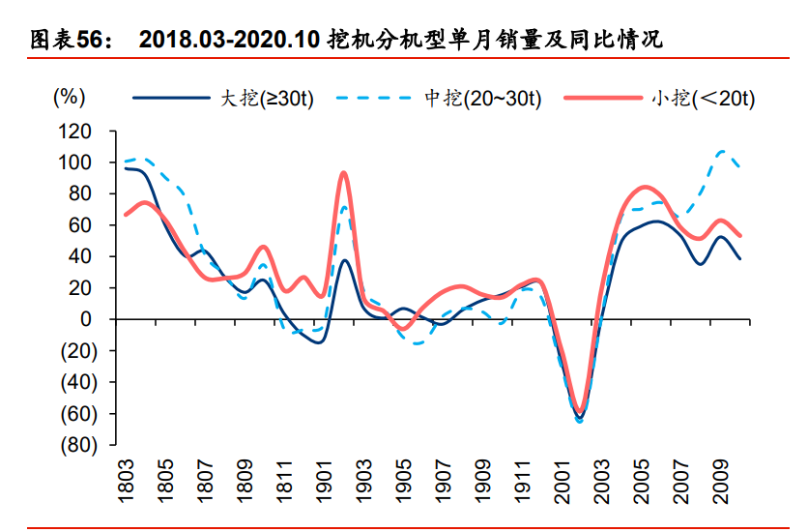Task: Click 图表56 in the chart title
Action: [x=71, y=40]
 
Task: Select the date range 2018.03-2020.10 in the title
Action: [x=229, y=40]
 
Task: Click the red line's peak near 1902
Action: [x=343, y=173]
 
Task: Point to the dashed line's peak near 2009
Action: [x=721, y=151]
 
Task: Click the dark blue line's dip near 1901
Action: [x=318, y=341]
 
